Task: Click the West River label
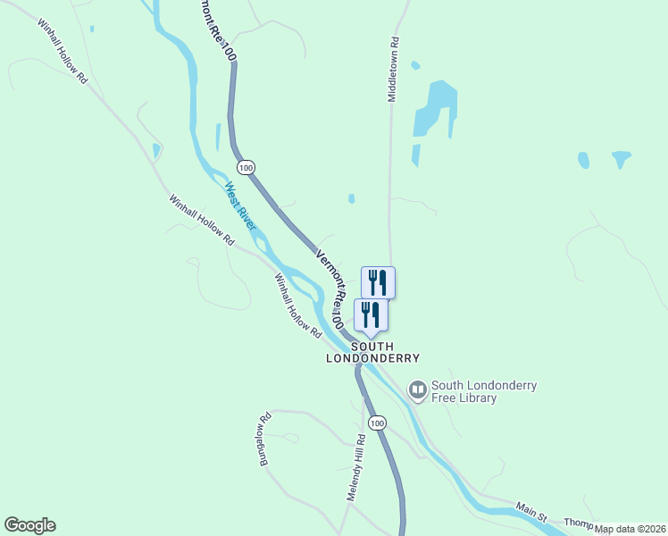[240, 205]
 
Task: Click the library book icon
[417, 389]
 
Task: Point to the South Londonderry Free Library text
[483, 392]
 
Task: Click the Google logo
[29, 525]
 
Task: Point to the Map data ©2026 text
[630, 529]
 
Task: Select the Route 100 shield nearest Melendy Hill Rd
[378, 423]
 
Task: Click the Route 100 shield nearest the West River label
[246, 167]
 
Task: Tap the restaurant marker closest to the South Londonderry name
[371, 315]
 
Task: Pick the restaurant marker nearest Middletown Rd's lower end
[378, 282]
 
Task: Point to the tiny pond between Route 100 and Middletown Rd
[351, 198]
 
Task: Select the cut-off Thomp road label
[579, 523]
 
